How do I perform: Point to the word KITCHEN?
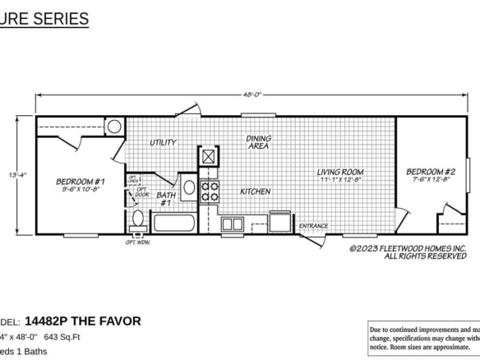tap(255, 192)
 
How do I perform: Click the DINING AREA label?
tap(259, 142)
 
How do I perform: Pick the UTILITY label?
tap(163, 142)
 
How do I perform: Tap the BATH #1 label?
tap(165, 198)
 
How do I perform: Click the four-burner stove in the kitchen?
tap(210, 191)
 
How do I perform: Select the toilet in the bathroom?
tap(138, 219)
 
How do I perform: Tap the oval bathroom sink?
tap(188, 187)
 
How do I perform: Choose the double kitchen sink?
tap(232, 224)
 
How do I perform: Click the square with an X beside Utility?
tap(210, 156)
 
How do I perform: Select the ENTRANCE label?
tap(313, 226)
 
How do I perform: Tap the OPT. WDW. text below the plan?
tap(136, 242)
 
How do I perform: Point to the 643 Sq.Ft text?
tap(62, 337)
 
